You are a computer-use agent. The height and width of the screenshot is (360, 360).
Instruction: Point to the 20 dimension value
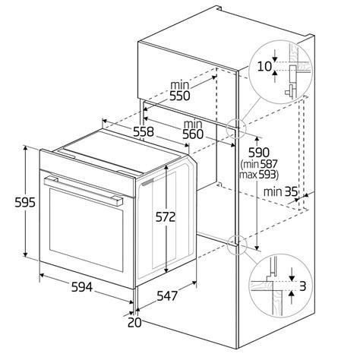coord(134,322)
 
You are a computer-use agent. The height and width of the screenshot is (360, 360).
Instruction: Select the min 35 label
coord(280,192)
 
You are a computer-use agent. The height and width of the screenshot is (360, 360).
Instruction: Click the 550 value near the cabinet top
coord(179,96)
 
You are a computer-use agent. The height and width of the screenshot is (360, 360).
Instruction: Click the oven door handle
coord(84,191)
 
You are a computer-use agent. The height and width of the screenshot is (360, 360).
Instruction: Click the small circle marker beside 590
coord(236,125)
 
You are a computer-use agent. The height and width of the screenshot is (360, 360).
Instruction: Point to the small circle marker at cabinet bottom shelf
coord(237,243)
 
